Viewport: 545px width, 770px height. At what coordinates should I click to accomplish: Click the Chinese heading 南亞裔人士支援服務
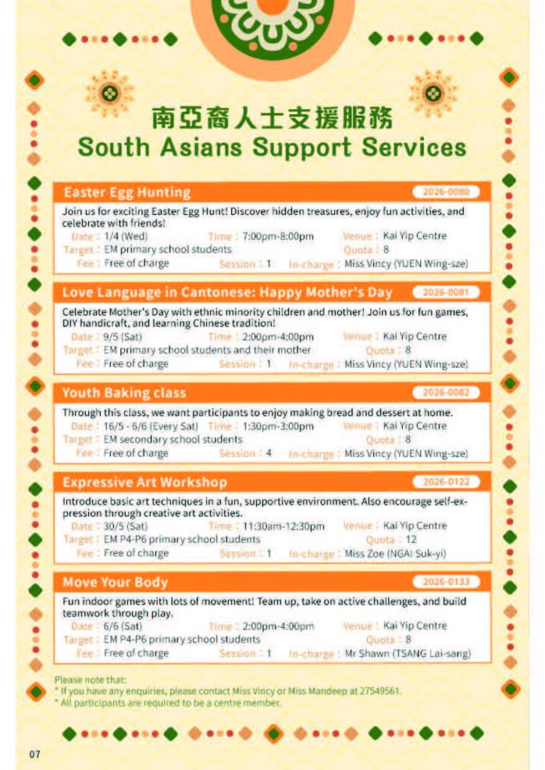[272, 118]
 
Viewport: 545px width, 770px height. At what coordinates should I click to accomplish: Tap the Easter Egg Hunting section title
[126, 192]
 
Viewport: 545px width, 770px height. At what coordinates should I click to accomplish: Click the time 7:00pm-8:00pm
[278, 236]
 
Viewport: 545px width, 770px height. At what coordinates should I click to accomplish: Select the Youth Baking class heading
[124, 393]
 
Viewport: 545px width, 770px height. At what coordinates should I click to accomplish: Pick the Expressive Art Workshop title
[145, 482]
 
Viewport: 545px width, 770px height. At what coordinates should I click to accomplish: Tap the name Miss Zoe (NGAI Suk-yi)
[395, 553]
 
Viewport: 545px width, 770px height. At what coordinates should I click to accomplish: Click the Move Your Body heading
[115, 582]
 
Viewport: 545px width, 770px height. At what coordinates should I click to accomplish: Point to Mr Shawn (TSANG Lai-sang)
[407, 653]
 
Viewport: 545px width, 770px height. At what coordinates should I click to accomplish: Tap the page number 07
[35, 754]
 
